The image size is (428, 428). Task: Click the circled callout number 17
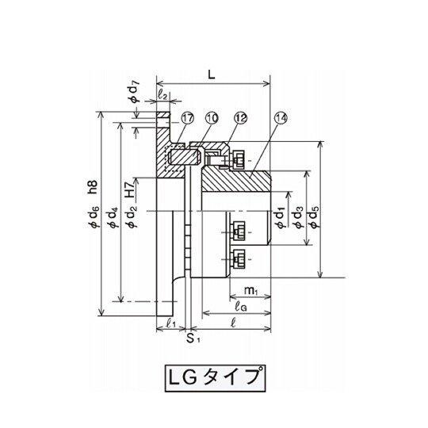(x=187, y=118)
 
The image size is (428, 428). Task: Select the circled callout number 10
(x=212, y=118)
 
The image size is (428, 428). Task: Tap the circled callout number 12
(x=240, y=118)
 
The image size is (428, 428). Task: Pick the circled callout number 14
(x=281, y=118)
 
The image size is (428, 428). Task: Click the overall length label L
(x=212, y=75)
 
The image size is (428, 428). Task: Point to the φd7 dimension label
(x=135, y=91)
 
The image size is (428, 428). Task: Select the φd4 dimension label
(x=114, y=217)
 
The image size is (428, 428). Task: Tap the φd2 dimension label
(x=132, y=216)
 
